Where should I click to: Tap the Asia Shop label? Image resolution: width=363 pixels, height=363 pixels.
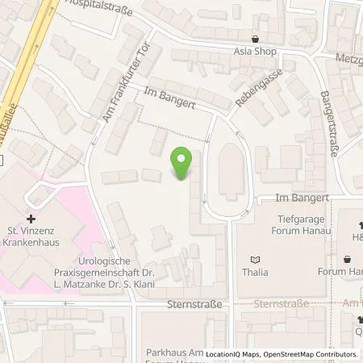pyautogui.click(x=256, y=52)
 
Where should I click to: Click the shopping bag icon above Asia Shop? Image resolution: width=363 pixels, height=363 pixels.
pyautogui.click(x=256, y=39)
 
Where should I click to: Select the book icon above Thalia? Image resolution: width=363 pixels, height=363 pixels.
pyautogui.click(x=256, y=259)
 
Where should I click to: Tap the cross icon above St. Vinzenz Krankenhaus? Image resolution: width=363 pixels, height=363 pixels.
pyautogui.click(x=31, y=219)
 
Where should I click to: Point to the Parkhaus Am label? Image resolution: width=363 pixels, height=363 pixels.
pyautogui.click(x=172, y=352)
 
